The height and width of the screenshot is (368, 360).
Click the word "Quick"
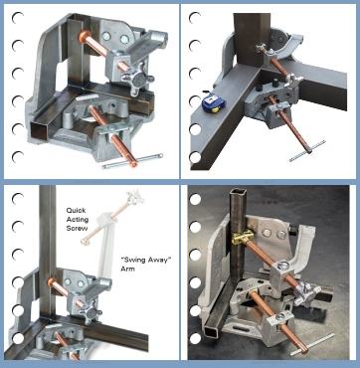pyautogui.click(x=76, y=211)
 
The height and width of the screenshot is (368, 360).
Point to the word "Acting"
pyautogui.click(x=78, y=220)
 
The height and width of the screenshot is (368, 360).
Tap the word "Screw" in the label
pyautogui.click(x=77, y=229)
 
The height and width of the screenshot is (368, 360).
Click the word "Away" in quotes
pyautogui.click(x=159, y=260)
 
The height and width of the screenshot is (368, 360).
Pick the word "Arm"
pyautogui.click(x=128, y=269)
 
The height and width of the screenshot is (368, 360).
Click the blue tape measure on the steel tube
pyautogui.click(x=213, y=102)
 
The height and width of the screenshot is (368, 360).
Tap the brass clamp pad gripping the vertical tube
pyautogui.click(x=243, y=237)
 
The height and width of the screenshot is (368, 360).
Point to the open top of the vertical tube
pyautogui.click(x=239, y=193)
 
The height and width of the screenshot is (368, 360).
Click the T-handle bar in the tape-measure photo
pyautogui.click(x=307, y=151)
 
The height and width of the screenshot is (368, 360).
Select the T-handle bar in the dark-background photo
pyautogui.click(x=312, y=345)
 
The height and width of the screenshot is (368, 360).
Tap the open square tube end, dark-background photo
pyautogui.click(x=212, y=330)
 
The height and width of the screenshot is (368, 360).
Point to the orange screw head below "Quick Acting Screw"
pyautogui.click(x=53, y=283)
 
